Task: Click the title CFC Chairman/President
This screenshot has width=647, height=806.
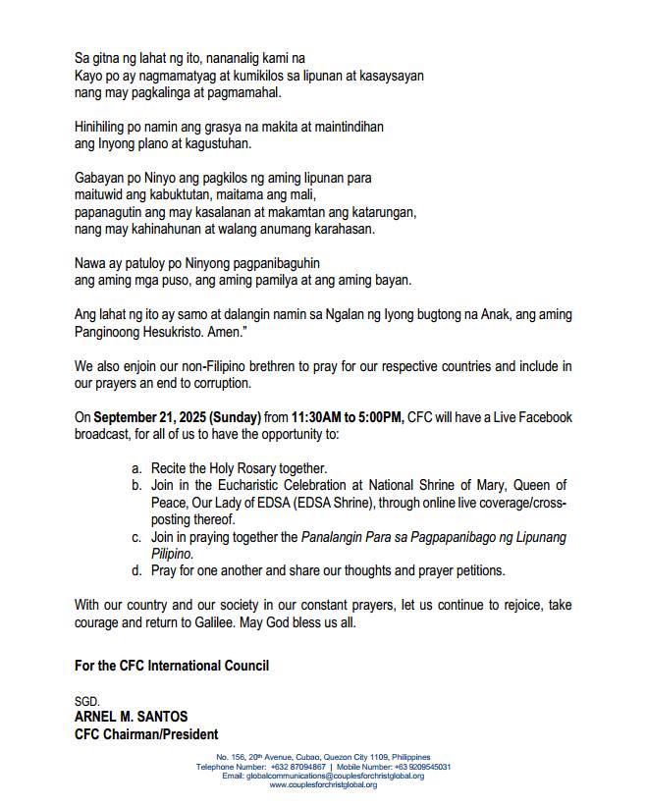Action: click(146, 734)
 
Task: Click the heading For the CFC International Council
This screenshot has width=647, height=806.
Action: click(172, 666)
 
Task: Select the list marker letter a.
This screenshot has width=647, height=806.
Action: click(136, 468)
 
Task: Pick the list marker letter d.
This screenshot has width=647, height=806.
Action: click(136, 570)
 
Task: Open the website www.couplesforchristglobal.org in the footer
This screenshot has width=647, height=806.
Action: click(323, 785)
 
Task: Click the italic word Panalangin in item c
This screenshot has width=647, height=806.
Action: click(333, 537)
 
